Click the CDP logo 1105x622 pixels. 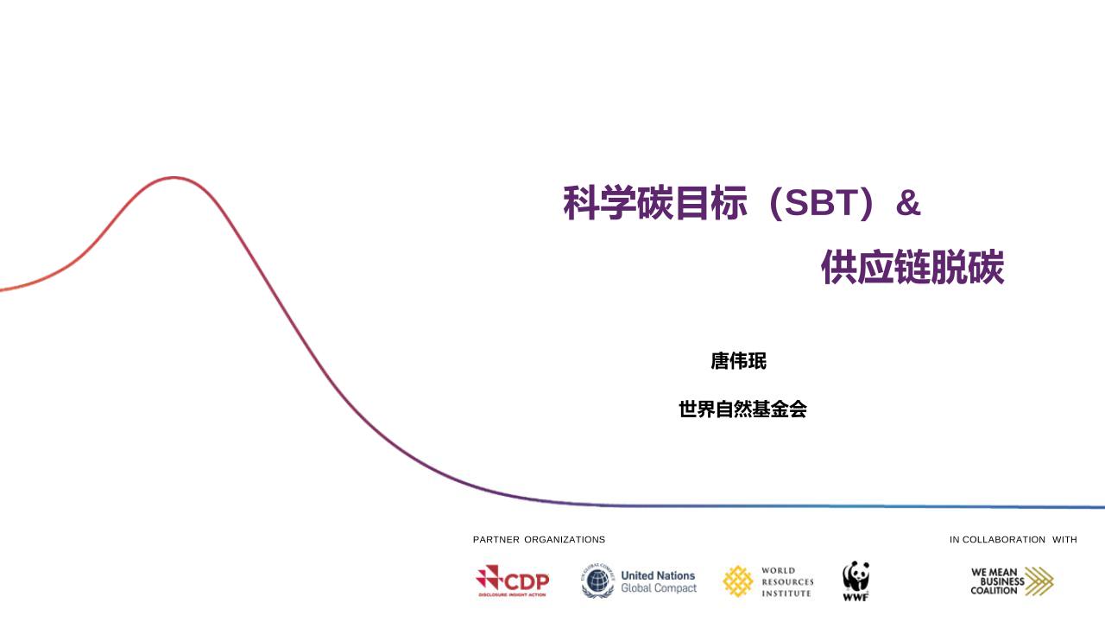coord(512,581)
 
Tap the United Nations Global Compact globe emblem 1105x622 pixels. coord(597,582)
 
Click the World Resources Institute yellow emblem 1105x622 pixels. coord(737,581)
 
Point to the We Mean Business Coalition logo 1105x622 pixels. coord(1011,581)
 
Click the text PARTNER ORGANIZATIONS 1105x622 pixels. coord(539,540)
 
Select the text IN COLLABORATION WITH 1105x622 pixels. coord(1013,540)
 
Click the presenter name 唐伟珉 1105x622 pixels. coord(738,362)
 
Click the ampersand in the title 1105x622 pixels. coord(908,204)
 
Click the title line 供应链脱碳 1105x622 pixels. coord(912,269)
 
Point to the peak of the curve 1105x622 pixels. coord(174,178)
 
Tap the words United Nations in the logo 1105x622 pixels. coord(658,575)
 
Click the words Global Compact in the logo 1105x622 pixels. coord(658,588)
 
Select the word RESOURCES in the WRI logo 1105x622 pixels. coord(787,582)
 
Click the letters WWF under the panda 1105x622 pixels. coord(856,597)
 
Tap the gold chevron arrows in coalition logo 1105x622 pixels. coord(1039,581)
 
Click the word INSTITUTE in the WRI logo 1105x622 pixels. coord(786,593)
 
